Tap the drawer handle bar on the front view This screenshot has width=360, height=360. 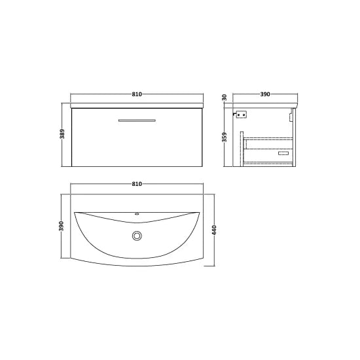point(137,120)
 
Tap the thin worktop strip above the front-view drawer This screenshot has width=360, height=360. point(137,105)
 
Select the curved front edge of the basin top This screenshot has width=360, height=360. point(137,268)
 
